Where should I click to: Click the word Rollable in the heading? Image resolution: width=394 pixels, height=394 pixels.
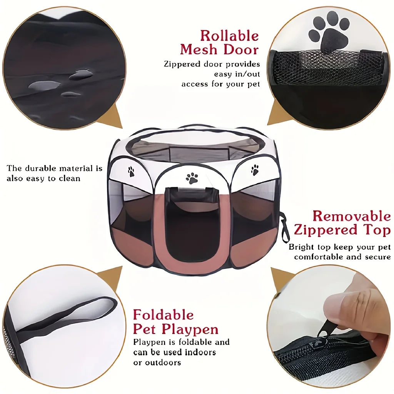point(229,35)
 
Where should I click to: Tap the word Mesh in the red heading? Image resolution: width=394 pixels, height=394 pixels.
point(199,49)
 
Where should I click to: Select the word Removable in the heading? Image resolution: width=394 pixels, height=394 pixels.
point(352,216)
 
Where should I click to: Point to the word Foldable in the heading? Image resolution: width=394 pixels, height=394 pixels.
point(163,315)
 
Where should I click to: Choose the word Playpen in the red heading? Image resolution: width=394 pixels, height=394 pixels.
point(190,329)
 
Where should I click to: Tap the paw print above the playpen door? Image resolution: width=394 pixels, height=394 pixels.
point(192,178)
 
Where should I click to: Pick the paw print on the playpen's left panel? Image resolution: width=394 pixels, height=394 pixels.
point(131,171)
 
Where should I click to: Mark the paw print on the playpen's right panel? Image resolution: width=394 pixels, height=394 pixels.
point(255,170)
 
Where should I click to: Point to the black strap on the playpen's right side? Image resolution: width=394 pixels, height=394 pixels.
point(284,227)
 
